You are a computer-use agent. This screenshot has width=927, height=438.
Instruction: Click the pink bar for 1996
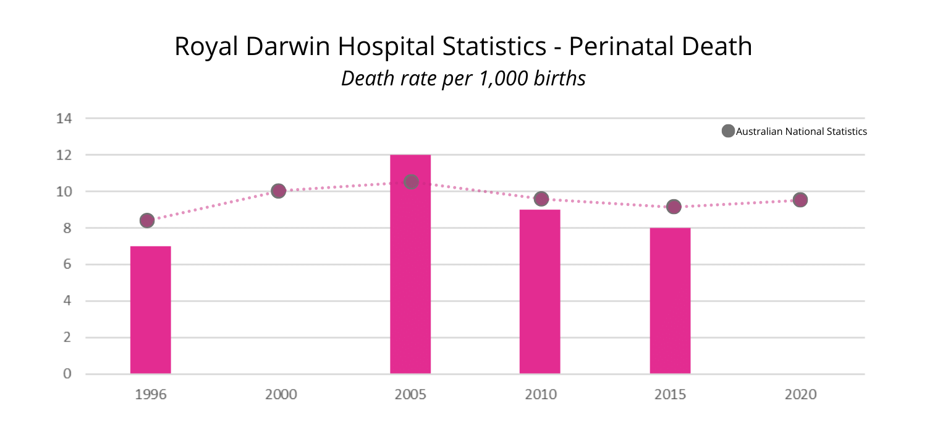click(150, 309)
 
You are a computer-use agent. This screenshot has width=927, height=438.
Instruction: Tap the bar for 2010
click(540, 291)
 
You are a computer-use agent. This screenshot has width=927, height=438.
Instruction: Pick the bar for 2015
click(670, 301)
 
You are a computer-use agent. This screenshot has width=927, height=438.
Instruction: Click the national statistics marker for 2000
click(278, 191)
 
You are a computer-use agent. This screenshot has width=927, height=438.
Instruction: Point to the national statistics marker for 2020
click(800, 200)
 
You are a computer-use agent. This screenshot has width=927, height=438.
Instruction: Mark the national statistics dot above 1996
click(147, 220)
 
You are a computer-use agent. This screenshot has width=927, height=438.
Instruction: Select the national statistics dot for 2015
click(674, 207)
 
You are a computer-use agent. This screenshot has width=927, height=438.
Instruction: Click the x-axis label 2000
click(281, 394)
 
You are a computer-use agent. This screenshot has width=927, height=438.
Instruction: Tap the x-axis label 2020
click(800, 394)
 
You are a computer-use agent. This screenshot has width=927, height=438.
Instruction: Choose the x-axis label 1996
click(151, 394)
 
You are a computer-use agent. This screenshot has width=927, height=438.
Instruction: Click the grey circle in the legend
click(728, 131)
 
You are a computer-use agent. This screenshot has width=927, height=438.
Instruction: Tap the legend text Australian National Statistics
click(802, 132)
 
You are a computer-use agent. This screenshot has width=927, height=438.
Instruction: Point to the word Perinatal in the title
click(618, 47)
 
